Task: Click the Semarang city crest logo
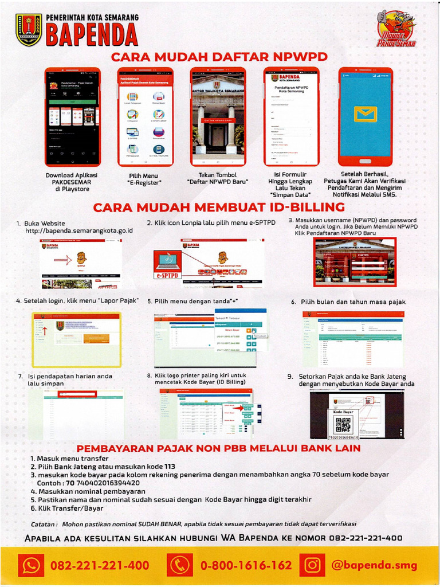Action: (x=29, y=29)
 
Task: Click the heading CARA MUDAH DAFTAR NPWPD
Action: (x=219, y=57)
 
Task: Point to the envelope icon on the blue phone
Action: (x=365, y=114)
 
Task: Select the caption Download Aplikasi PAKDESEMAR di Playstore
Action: (x=72, y=182)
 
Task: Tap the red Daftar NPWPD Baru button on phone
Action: (x=218, y=121)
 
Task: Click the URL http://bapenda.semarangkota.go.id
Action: (x=79, y=230)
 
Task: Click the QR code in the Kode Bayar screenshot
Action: (x=343, y=424)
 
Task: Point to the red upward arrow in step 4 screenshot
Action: (x=45, y=331)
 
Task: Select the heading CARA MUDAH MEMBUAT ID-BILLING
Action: (x=219, y=207)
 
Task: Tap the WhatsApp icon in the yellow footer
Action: (x=30, y=565)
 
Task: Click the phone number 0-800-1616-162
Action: (x=246, y=565)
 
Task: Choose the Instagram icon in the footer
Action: (x=312, y=565)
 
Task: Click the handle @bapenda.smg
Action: (x=374, y=565)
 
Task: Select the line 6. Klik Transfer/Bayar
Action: (x=67, y=508)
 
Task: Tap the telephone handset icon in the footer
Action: (x=180, y=565)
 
